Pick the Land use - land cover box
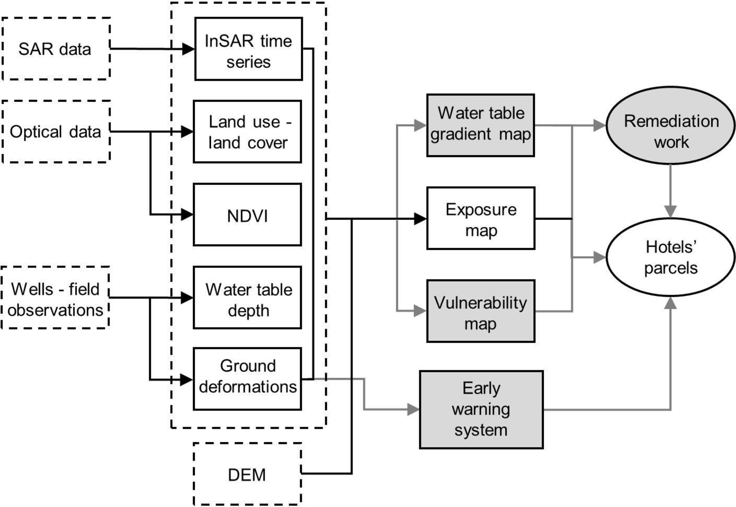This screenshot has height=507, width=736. click(247, 132)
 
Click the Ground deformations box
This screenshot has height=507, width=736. click(247, 379)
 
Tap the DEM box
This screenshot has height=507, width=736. click(247, 474)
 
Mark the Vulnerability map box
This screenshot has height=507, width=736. click(481, 311)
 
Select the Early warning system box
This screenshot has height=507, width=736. click(481, 410)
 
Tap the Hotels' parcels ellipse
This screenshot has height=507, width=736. click(671, 257)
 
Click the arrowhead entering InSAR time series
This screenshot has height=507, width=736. click(188, 49)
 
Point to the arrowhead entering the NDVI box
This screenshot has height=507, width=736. click(187, 215)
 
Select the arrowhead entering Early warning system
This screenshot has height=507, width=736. click(413, 410)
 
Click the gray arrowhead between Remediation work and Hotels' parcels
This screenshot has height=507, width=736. click(671, 211)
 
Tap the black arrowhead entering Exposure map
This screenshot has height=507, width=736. click(420, 218)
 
